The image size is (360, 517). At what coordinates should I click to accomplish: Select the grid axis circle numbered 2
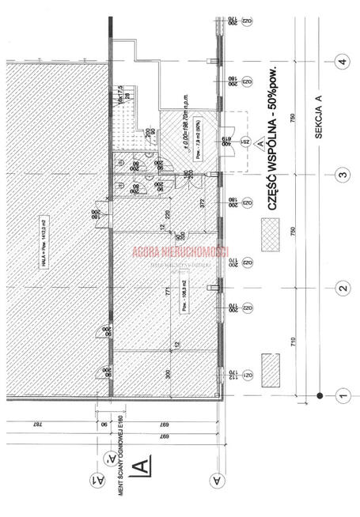[343, 288]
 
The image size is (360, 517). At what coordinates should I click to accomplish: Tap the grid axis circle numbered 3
[343, 175]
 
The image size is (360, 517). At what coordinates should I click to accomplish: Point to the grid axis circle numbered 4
[343, 62]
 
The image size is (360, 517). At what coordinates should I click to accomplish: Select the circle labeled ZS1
[246, 142]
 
